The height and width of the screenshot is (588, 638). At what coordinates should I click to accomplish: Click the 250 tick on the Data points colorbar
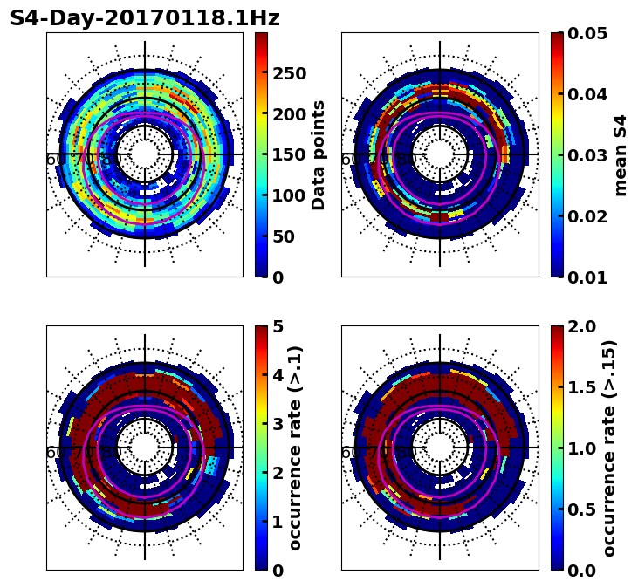pos(289,73)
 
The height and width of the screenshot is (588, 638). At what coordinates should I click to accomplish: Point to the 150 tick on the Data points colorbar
pos(289,154)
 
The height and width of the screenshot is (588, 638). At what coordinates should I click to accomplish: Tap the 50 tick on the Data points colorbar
pos(284,236)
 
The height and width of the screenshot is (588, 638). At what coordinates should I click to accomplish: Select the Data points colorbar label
pos(319,154)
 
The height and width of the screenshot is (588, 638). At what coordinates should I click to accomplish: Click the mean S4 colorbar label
pos(621,154)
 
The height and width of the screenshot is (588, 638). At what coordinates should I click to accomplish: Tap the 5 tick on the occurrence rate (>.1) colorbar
pos(278,326)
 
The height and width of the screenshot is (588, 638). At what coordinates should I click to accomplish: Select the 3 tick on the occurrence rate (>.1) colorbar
pos(278,424)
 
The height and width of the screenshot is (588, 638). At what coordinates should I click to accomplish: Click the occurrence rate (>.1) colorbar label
pos(295,448)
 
